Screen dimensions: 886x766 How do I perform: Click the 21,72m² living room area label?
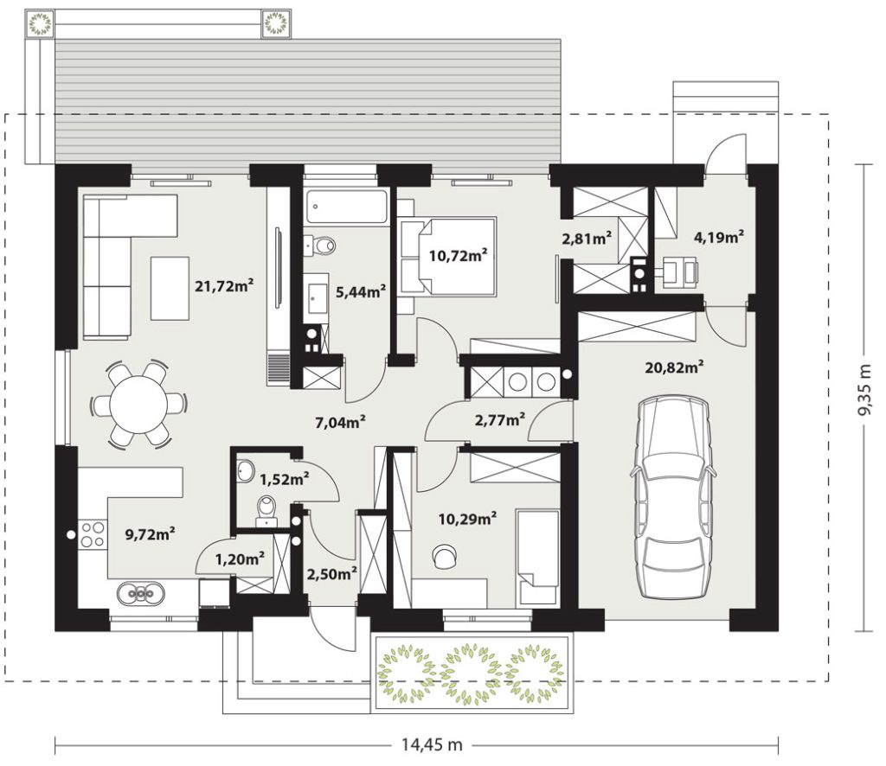coord(224,285)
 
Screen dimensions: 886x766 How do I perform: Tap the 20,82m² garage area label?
coord(674,367)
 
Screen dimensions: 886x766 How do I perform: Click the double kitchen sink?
coord(141,593)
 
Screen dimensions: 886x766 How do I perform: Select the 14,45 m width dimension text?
coord(433,745)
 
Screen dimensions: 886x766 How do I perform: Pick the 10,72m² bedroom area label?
coord(459,256)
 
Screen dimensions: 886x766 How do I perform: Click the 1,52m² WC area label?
coord(284,480)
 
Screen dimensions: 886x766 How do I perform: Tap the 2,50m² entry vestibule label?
coord(331,574)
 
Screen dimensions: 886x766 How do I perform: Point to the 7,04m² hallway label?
coord(340,421)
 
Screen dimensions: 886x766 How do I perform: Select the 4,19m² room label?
coord(718,237)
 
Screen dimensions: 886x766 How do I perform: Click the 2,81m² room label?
coord(587,239)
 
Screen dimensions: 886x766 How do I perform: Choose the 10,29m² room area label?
coord(468,518)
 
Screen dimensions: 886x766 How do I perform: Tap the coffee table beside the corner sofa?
coord(170,288)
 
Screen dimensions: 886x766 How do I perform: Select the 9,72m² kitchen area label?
coord(150,533)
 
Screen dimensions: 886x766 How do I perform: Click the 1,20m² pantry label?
coord(241,559)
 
